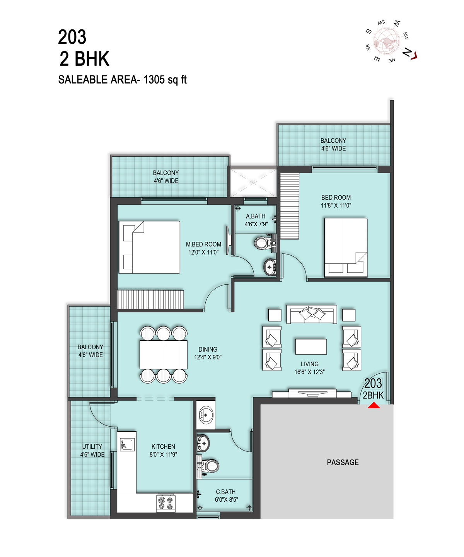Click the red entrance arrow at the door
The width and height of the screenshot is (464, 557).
(374, 405)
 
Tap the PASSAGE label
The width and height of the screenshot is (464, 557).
(343, 462)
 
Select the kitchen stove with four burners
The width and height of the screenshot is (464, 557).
(165, 503)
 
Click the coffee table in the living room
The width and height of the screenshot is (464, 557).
(310, 347)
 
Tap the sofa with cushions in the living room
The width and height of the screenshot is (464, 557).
(312, 314)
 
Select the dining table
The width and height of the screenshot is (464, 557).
(164, 355)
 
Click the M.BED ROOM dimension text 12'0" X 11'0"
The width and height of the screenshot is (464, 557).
(203, 252)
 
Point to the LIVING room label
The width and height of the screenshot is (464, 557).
(309, 364)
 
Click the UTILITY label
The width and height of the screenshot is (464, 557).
(92, 446)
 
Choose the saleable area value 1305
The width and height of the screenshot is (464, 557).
(154, 80)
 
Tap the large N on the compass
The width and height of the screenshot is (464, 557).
(407, 52)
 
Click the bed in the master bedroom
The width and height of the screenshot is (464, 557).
(149, 247)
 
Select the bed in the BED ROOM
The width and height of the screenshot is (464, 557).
(346, 248)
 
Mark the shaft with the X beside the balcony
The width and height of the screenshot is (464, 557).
(253, 183)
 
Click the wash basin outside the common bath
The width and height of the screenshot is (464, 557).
(206, 415)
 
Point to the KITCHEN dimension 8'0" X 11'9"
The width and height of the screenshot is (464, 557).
(163, 454)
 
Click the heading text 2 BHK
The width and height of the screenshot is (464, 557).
(84, 59)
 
